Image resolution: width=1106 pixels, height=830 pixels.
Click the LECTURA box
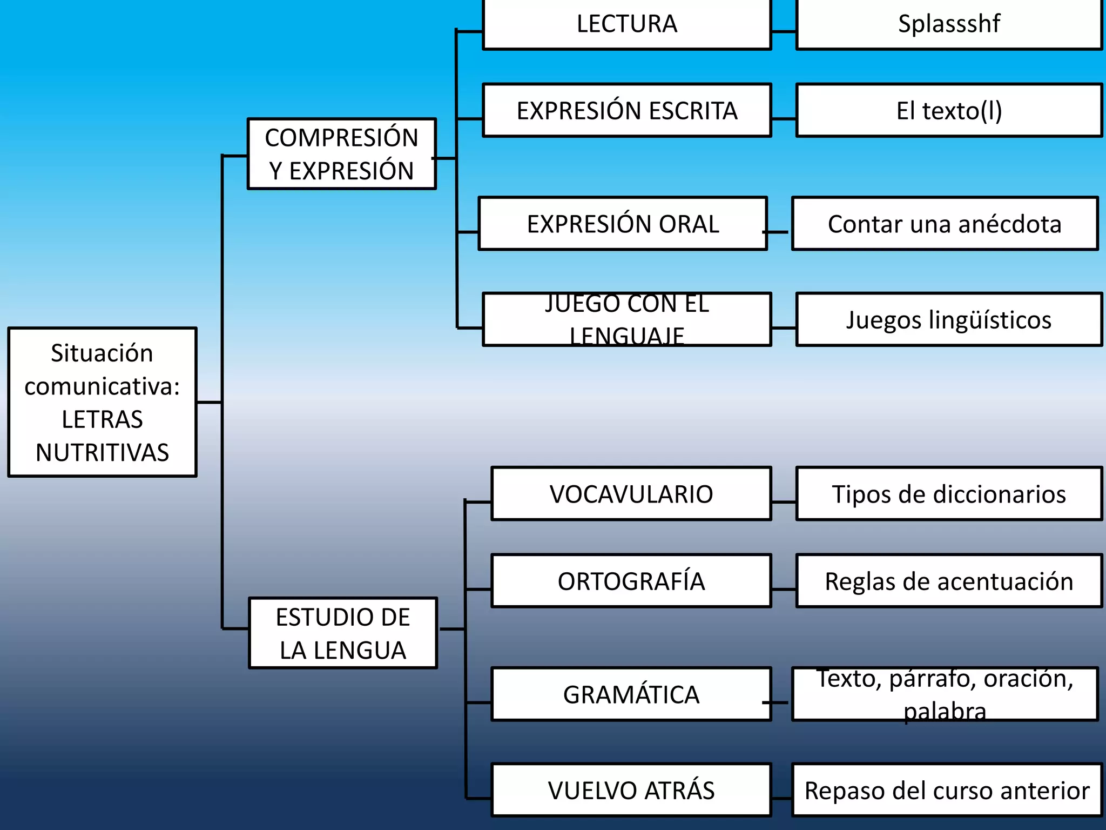tap(626, 24)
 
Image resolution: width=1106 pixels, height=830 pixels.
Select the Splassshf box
tap(949, 24)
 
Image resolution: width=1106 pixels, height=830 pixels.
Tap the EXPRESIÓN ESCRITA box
tap(626, 110)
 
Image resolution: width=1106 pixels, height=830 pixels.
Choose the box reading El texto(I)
tap(949, 110)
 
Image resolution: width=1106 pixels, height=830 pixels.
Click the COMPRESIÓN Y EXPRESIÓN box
tap(341, 154)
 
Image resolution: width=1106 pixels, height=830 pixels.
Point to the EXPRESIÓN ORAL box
tap(623, 224)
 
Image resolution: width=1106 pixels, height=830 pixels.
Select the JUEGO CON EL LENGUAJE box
tap(626, 319)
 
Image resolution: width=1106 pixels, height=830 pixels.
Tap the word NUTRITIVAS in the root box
tap(102, 453)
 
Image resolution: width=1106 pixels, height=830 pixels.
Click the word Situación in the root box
tap(102, 353)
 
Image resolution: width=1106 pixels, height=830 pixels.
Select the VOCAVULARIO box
tap(631, 494)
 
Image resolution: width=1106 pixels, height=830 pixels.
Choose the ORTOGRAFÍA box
tap(631, 581)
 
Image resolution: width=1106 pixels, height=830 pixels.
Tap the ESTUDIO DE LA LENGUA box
tap(343, 633)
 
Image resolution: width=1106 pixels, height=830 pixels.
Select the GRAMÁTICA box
tap(631, 694)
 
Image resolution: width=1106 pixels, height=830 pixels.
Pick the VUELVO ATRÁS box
tap(631, 790)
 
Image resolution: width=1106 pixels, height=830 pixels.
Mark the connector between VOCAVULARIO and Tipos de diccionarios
tap(784, 502)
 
